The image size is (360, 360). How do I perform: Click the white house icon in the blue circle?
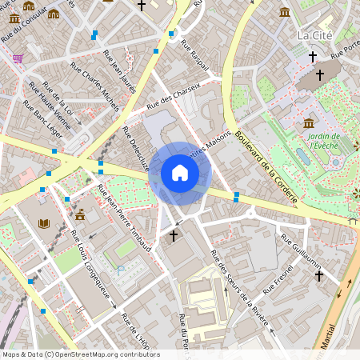(180, 172)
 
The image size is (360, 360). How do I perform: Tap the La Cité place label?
(314, 35)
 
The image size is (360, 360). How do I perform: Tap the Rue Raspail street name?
(195, 55)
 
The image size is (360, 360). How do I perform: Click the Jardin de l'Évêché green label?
(324, 142)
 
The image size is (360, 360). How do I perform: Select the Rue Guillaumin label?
(301, 250)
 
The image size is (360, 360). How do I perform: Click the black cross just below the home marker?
(174, 236)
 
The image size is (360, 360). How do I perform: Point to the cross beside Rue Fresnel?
(318, 275)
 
